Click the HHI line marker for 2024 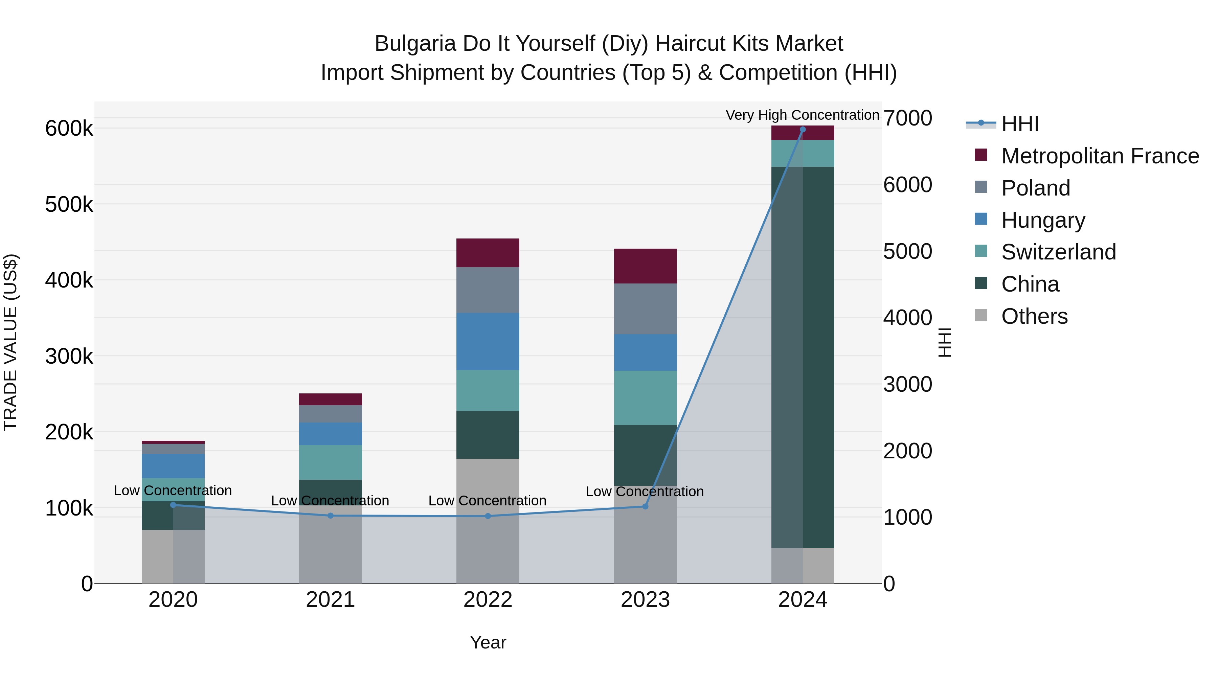tap(803, 130)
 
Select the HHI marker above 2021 tap(331, 516)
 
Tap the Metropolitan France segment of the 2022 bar tap(488, 253)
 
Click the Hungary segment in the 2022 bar tap(488, 341)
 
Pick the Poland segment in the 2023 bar tap(645, 309)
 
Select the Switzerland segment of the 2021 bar tap(331, 462)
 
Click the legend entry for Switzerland tap(1058, 252)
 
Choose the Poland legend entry tap(1036, 188)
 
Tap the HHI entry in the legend tap(1020, 124)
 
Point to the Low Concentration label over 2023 tap(645, 492)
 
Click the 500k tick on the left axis tap(69, 205)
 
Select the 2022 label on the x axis tap(488, 600)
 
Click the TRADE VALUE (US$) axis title tap(11, 342)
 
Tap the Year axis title tap(488, 642)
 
